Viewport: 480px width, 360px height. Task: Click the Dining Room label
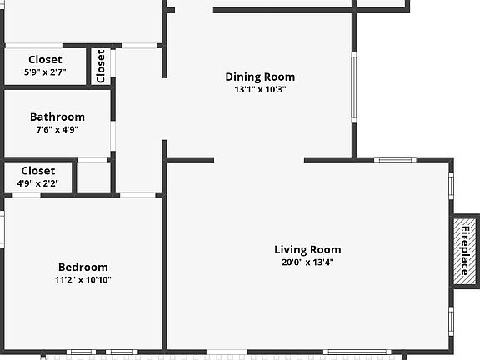260,77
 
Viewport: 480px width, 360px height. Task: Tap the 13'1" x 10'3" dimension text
260,90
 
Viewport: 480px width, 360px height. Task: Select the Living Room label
307,249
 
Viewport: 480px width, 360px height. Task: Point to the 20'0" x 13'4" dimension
307,262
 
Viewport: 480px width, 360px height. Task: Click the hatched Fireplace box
464,251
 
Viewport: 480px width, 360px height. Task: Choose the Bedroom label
83,267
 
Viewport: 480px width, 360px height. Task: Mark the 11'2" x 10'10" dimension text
83,280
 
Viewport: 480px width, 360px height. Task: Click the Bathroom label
57,117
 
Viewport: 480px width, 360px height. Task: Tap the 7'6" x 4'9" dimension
57,130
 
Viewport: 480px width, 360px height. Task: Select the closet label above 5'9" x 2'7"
45,60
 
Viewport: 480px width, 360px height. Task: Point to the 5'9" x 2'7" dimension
45,72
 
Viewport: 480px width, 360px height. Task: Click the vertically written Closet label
100,66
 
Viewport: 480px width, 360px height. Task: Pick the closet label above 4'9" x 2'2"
38,171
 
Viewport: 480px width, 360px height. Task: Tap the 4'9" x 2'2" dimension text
38,183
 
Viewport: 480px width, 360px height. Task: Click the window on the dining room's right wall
354,87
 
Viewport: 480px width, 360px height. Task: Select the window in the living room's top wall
395,159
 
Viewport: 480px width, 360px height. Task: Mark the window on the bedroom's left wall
2,229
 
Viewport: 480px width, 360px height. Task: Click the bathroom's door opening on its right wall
113,136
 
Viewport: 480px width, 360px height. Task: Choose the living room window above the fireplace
451,186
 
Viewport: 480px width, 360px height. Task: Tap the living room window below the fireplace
451,322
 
